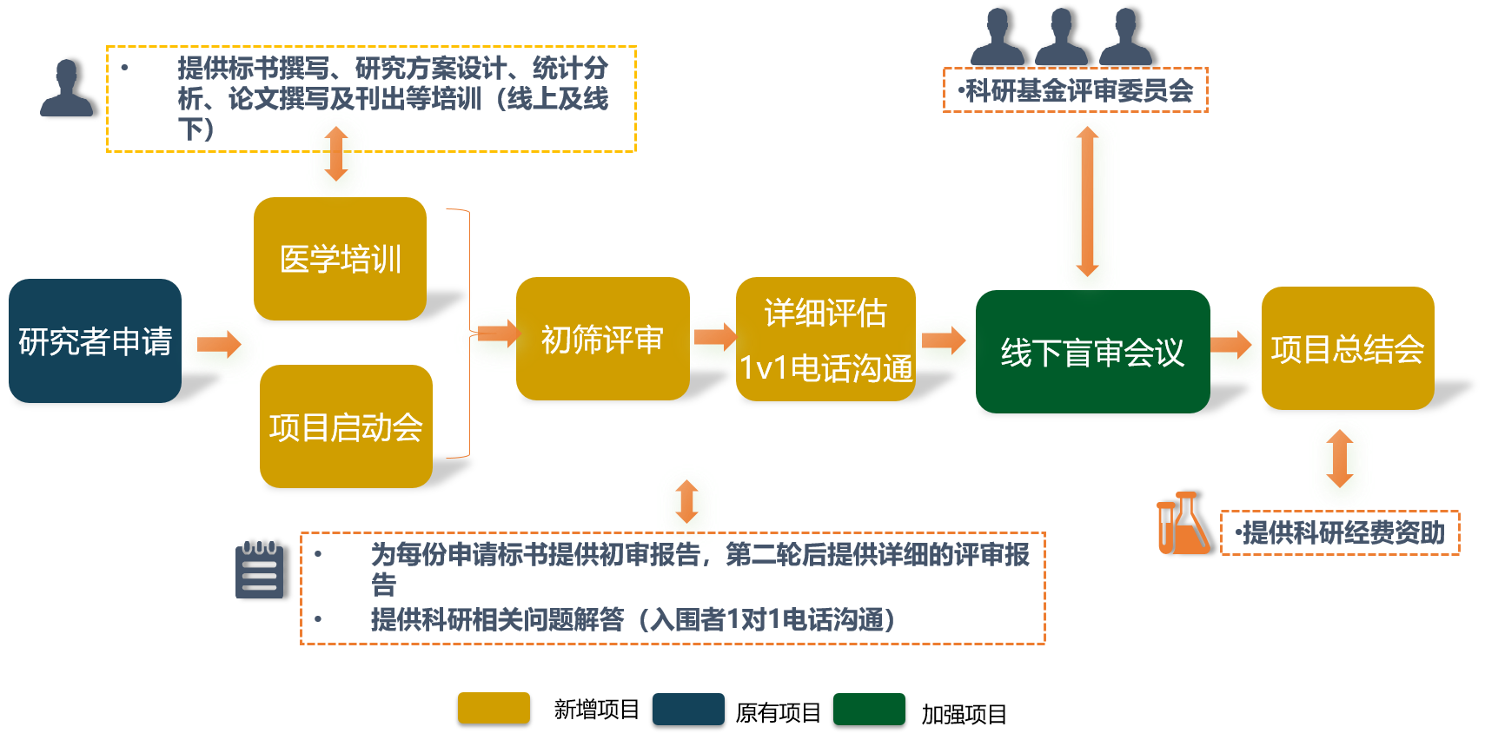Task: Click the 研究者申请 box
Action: (x=95, y=340)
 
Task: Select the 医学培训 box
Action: (x=340, y=259)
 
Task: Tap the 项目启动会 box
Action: (x=346, y=426)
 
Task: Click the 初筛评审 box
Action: (x=602, y=339)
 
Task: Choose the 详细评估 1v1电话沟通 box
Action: (x=825, y=340)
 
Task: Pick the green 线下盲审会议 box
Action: (x=1092, y=352)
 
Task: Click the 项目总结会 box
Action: (x=1348, y=348)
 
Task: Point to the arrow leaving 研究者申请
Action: (x=219, y=345)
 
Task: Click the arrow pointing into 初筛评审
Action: (x=498, y=333)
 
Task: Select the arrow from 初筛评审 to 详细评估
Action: (x=715, y=336)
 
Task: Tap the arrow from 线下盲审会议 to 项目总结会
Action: (x=1231, y=345)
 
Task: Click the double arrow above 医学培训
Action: (x=337, y=155)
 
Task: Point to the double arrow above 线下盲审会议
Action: (x=1087, y=202)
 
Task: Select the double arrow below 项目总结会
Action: (x=1340, y=459)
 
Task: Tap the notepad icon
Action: (x=259, y=570)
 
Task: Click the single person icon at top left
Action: (x=66, y=89)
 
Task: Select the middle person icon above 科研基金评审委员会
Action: (x=1061, y=36)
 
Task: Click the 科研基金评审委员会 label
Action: (x=1076, y=90)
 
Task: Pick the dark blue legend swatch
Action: (x=688, y=709)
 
